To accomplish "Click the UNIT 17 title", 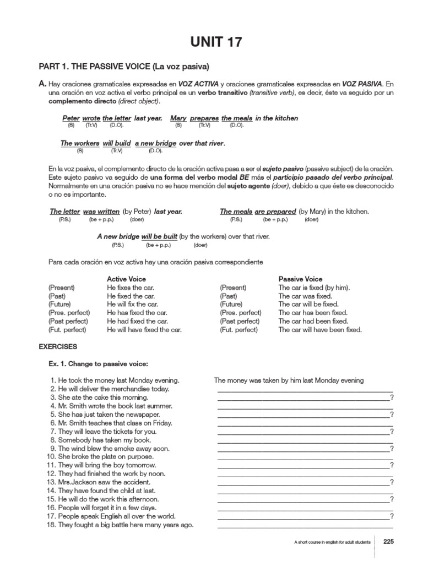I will (215, 42).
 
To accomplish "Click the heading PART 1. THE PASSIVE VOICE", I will (123, 67).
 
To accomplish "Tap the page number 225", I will (388, 541).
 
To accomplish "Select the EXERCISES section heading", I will (58, 347).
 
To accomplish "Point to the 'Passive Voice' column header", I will (300, 279).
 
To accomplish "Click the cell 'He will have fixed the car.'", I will (144, 330).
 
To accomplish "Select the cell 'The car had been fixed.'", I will (313, 321).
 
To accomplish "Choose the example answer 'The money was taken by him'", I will (289, 380).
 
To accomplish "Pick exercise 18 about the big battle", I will (120, 525).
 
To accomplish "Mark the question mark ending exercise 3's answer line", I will (392, 398).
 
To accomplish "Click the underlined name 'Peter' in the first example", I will (71, 118).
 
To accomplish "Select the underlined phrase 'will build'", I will (116, 143).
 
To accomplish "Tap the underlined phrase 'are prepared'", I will (275, 212).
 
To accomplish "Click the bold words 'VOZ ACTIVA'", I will (198, 84).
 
